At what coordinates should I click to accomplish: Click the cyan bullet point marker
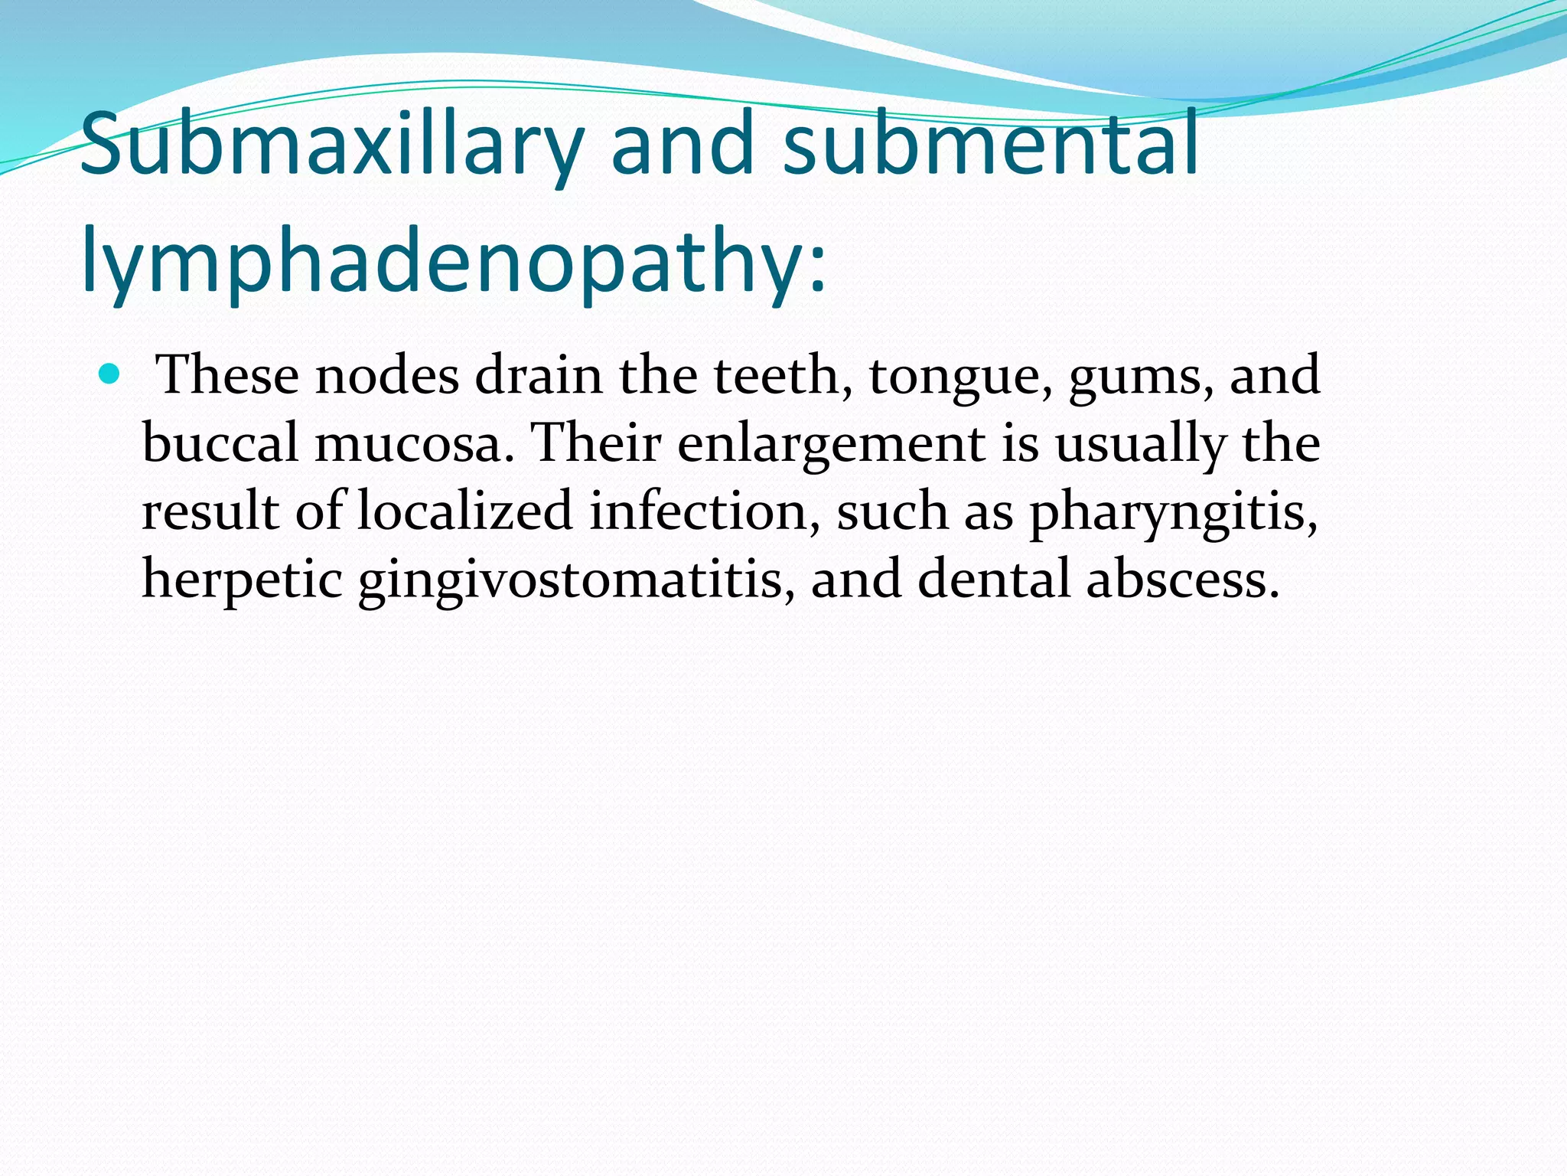coord(110,374)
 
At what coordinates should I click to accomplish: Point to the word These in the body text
coord(226,375)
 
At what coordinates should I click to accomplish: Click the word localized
coord(464,511)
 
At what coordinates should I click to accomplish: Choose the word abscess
coord(1181,579)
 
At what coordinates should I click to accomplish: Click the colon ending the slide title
coord(818,272)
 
